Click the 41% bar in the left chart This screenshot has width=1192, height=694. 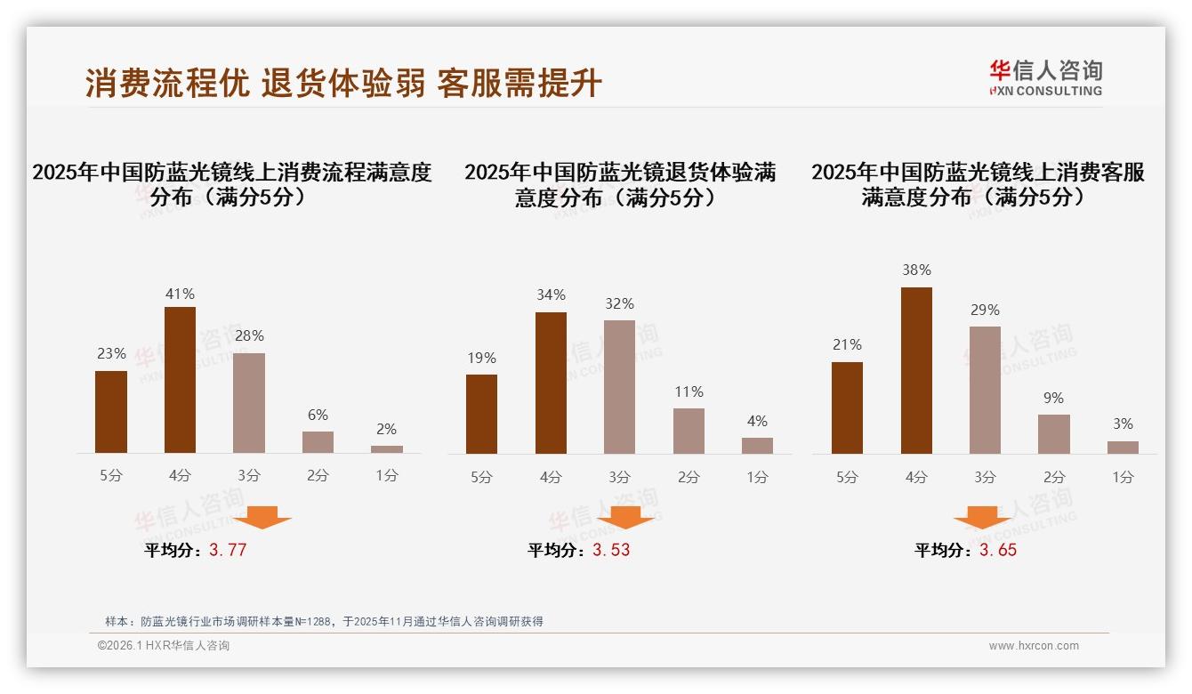[x=180, y=380]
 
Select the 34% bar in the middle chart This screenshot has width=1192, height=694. [x=551, y=383]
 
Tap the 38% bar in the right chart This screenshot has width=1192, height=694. [x=916, y=370]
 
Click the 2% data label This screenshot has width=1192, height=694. [x=386, y=429]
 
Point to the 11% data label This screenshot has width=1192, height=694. [x=689, y=391]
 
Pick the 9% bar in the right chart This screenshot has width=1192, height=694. [x=1053, y=434]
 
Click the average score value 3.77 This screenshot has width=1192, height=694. [x=228, y=550]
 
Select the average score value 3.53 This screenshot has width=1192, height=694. [x=611, y=550]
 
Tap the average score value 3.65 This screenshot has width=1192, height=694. [x=998, y=550]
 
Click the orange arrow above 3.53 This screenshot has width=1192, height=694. [x=625, y=517]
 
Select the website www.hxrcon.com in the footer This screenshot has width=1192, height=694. [x=1034, y=646]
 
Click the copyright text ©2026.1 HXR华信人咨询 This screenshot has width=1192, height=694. [x=164, y=646]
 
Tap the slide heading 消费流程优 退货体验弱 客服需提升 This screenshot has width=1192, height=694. [x=343, y=84]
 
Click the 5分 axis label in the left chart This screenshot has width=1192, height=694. [x=111, y=476]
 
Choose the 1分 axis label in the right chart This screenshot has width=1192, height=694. [x=1123, y=477]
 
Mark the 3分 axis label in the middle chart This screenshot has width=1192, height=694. [x=619, y=477]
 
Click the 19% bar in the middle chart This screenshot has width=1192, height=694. [x=481, y=414]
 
